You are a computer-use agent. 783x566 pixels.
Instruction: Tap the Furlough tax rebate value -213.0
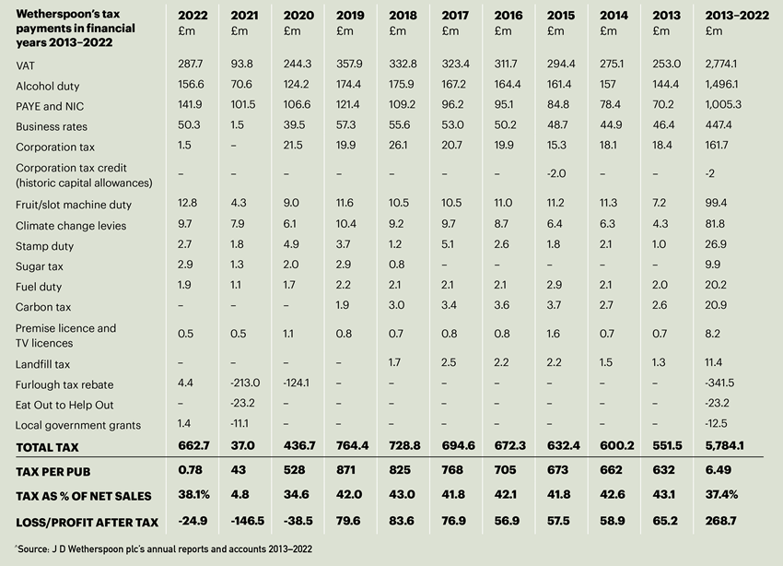pos(244,383)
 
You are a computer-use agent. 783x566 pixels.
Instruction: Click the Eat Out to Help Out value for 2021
pos(243,404)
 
